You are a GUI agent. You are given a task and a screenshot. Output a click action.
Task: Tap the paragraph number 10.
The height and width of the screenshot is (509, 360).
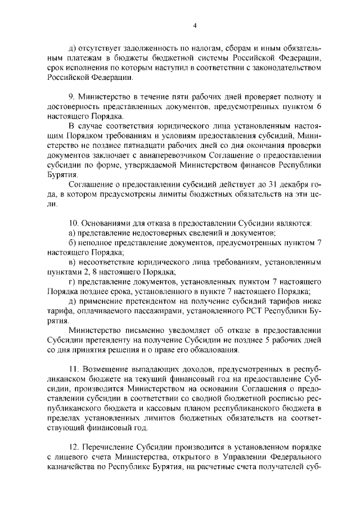[x=73, y=223]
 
